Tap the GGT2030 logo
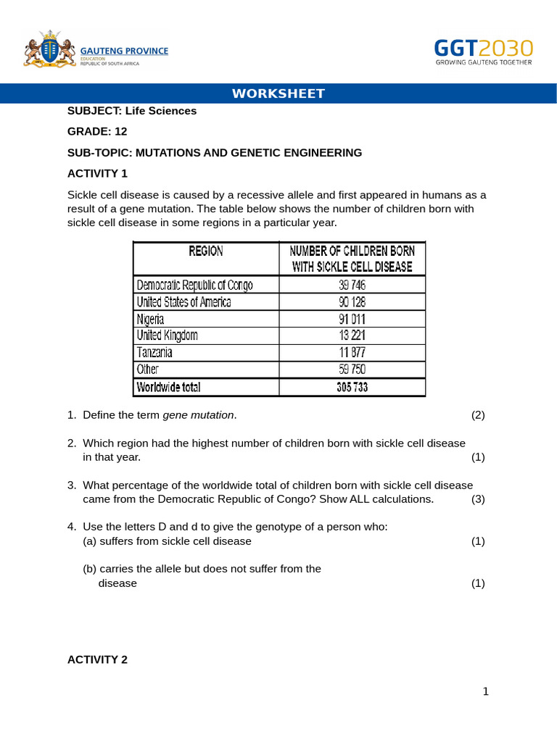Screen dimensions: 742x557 tap(483, 51)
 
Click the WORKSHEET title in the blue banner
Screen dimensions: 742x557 tap(278, 93)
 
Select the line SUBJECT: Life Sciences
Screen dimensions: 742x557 tap(132, 111)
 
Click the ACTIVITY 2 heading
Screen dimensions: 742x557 tap(97, 659)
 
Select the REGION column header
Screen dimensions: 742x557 tap(206, 251)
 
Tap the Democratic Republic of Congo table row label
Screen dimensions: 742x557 tap(195, 285)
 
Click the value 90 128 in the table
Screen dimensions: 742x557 tap(352, 302)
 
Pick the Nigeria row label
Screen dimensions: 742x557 tap(150, 319)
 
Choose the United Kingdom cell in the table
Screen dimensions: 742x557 tap(167, 335)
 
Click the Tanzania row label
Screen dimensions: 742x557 tap(154, 353)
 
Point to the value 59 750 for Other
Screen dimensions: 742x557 tap(352, 370)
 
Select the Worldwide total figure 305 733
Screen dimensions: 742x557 tap(352, 387)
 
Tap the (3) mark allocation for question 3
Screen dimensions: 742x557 tap(478, 499)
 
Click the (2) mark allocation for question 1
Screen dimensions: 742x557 tap(478, 415)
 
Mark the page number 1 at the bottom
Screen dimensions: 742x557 tap(486, 691)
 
